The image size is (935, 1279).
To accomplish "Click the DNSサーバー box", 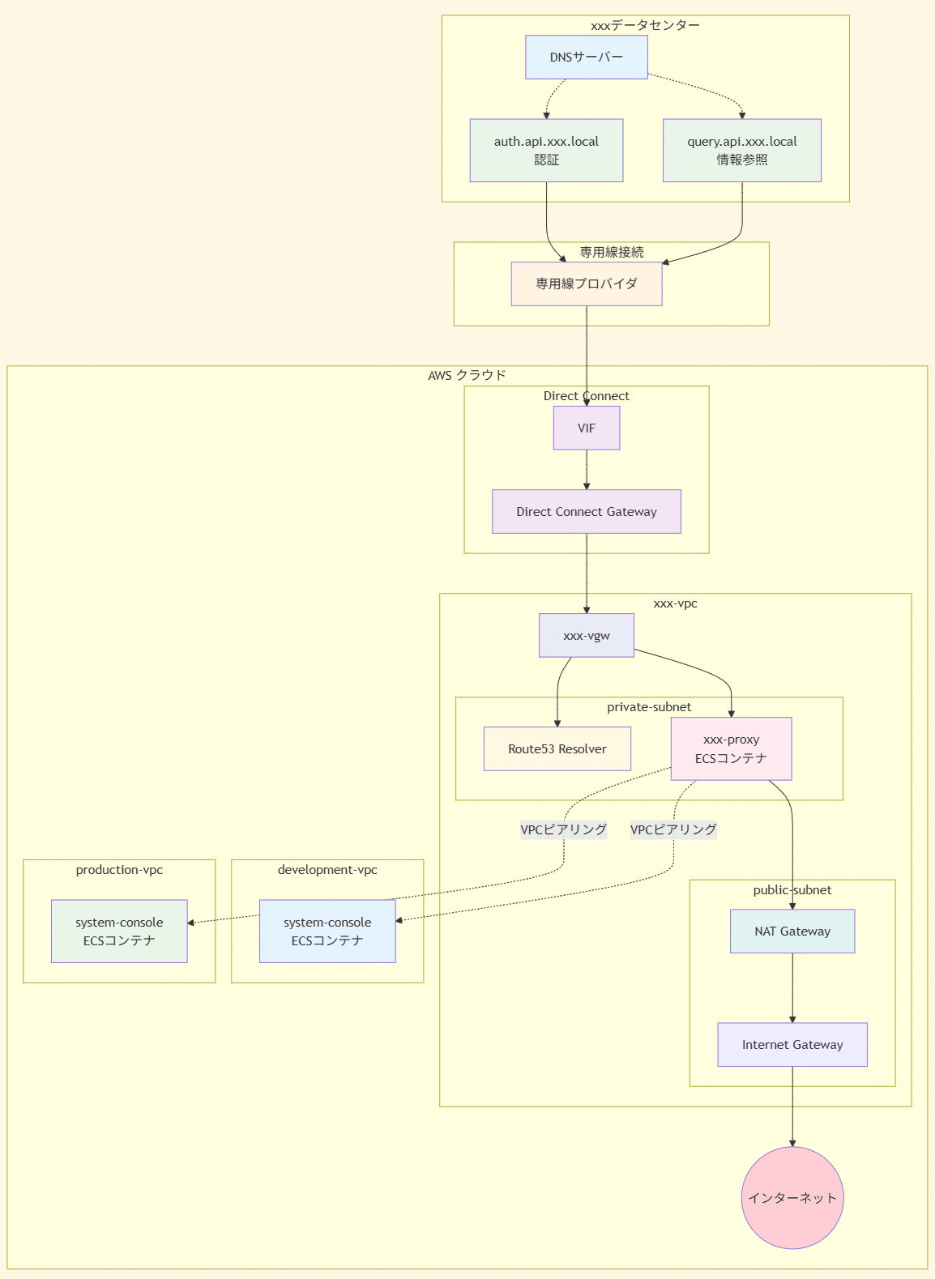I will pos(586,57).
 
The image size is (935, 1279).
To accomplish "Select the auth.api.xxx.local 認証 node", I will pos(546,151).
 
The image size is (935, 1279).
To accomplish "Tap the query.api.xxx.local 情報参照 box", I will pos(741,151).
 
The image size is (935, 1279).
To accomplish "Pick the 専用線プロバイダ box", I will pos(586,284).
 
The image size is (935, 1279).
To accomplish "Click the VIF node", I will pos(586,428).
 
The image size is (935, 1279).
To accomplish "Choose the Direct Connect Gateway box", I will pos(586,511).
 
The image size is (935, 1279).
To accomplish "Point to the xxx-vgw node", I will pos(586,635).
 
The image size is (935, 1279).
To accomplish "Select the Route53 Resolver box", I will pos(557,748).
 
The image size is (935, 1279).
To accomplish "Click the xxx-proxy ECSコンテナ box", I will pos(731,748).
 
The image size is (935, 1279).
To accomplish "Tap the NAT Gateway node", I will pos(792,931).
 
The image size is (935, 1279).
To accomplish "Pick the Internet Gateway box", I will pos(792,1044).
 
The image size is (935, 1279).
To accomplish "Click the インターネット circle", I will pos(792,1197).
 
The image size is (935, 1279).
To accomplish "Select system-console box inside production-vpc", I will pos(119,931).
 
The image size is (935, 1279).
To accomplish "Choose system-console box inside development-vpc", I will pos(327,931).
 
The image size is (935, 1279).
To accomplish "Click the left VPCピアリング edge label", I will pos(563,829).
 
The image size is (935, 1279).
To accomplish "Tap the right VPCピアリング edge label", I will pos(673,829).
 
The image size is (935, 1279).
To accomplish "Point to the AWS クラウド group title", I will pos(467,375).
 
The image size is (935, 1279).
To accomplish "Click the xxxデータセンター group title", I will pos(645,25).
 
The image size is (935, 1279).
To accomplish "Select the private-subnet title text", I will pos(649,707).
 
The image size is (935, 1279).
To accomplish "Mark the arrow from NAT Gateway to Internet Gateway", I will pos(792,988).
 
